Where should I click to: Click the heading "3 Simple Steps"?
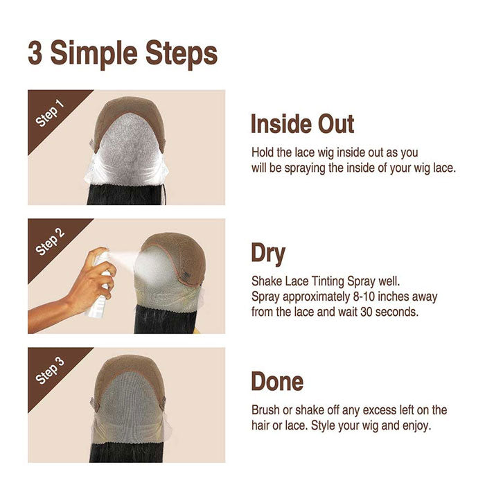point(123,54)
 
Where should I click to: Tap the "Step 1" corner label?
point(49,113)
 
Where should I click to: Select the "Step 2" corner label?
point(49,242)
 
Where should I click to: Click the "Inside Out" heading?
point(302,124)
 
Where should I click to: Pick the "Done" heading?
point(277,381)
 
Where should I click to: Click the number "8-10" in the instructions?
point(364,297)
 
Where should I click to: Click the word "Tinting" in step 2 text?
point(328,281)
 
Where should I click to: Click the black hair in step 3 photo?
point(126,452)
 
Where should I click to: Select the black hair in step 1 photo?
point(126,194)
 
